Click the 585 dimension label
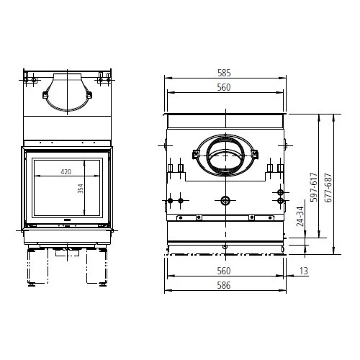224,73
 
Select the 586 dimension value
224,285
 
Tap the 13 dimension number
303,271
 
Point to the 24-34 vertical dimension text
300,217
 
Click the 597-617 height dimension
314,187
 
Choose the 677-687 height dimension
328,188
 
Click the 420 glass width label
66,172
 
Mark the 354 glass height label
81,189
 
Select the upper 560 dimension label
224,87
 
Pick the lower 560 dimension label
224,271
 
